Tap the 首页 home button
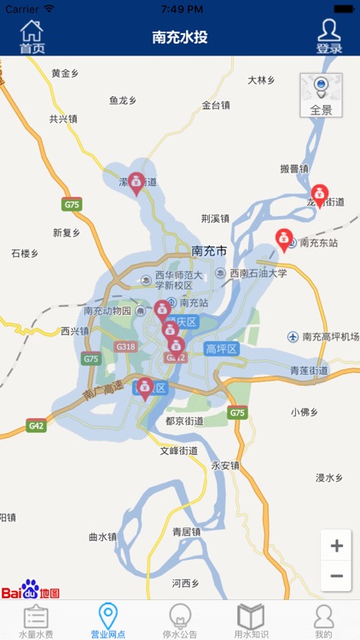32,38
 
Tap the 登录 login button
328,38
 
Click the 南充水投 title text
180,38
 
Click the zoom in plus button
336,546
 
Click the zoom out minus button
336,576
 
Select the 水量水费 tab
36,620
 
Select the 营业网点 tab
108,620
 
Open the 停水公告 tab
180,620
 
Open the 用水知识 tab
252,620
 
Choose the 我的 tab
323,620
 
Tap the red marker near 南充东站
283,238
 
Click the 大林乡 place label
262,80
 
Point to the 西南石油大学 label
257,274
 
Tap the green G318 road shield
125,346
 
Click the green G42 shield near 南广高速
36,425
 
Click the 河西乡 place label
185,584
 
